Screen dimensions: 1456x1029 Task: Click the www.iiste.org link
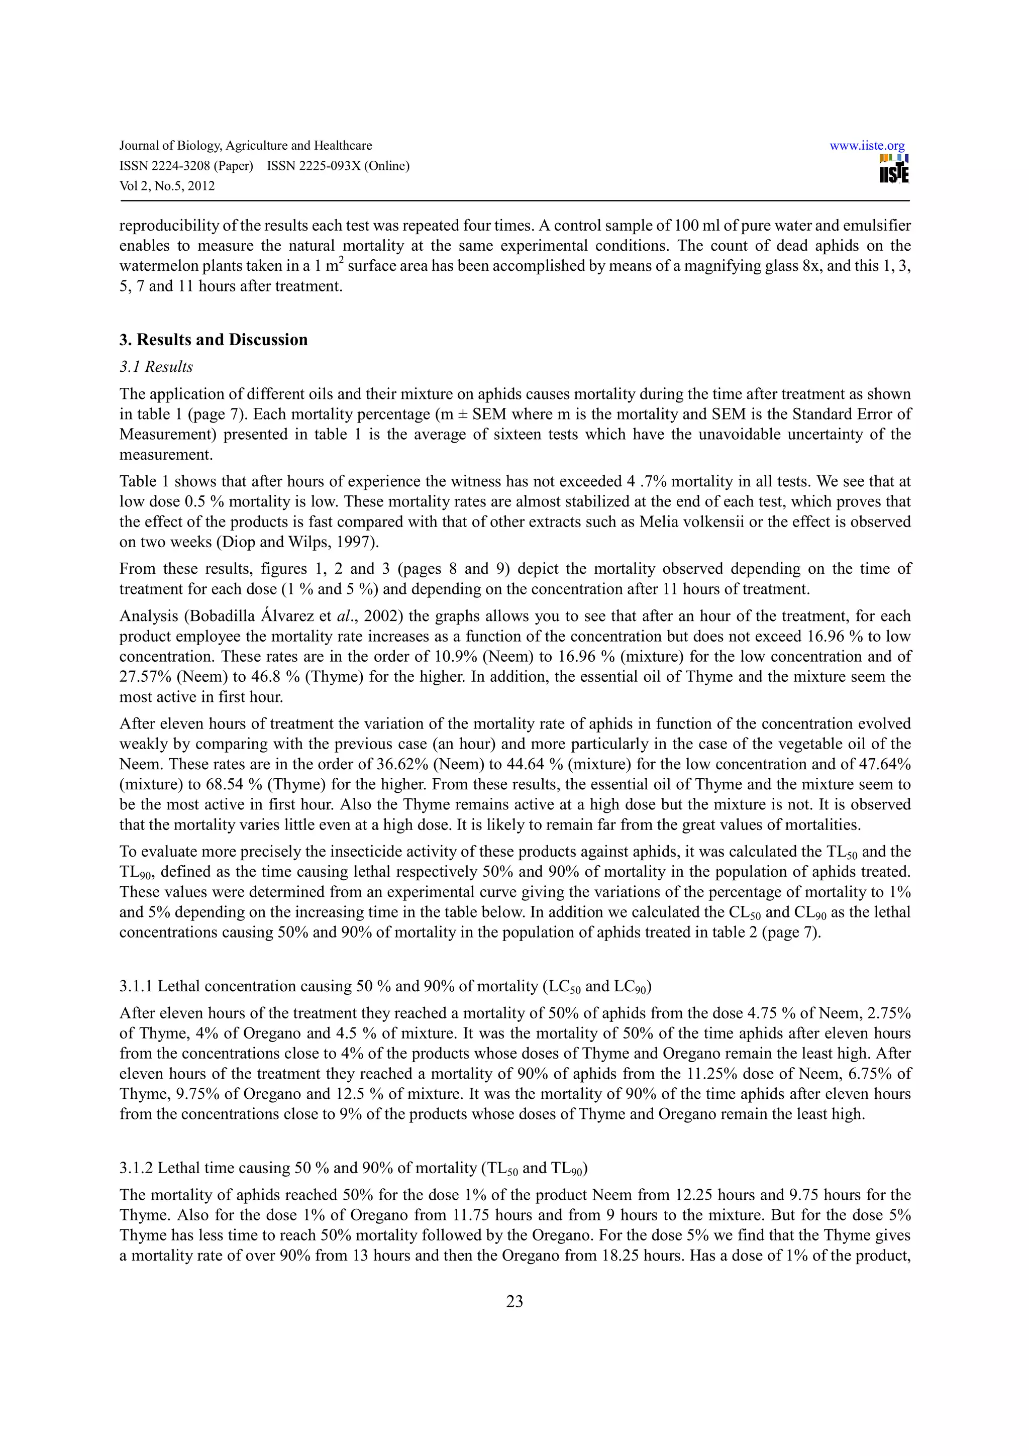pyautogui.click(x=867, y=146)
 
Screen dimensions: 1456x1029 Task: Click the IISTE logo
pyautogui.click(x=893, y=169)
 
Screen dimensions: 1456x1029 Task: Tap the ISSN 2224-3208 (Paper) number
pyautogui.click(x=186, y=166)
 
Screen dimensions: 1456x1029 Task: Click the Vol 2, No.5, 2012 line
pyautogui.click(x=167, y=186)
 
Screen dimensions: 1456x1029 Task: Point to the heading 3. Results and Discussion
pyautogui.click(x=213, y=340)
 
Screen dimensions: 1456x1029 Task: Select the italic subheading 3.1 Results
pyautogui.click(x=156, y=367)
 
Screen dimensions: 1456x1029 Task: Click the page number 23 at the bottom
pyautogui.click(x=514, y=1301)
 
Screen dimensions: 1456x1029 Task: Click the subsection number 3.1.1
pyautogui.click(x=136, y=987)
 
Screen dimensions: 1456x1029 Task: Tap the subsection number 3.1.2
pyautogui.click(x=136, y=1168)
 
